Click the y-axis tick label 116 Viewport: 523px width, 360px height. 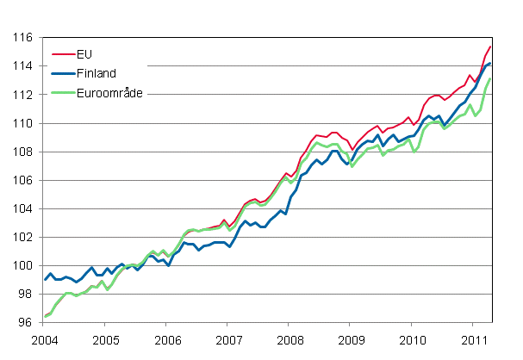23,38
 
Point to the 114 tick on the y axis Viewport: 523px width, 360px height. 23,66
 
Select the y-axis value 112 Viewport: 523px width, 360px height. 23,95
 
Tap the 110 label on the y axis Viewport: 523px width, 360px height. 23,123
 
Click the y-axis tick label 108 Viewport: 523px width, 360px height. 23,152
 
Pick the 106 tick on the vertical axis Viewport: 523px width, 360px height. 23,180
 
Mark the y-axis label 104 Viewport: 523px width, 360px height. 23,208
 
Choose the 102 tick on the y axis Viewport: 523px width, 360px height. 23,237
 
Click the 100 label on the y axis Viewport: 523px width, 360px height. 23,265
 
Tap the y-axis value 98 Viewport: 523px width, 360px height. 26,294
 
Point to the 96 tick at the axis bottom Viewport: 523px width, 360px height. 26,322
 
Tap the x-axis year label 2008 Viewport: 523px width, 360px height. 289,340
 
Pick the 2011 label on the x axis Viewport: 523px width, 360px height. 472,340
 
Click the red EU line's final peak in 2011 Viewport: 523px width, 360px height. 490,47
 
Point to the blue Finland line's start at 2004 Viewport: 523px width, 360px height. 45,279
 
